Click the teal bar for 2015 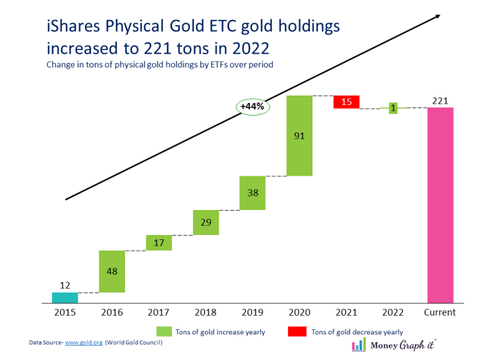coord(65,298)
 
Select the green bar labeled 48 coord(112,271)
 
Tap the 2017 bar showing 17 coord(159,242)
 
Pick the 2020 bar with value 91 coord(299,136)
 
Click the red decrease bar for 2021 coord(346,102)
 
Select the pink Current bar coord(440,205)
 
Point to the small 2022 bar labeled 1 coord(393,108)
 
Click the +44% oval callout coord(252,107)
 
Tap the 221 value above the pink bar coord(440,100)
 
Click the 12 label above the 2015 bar coord(65,285)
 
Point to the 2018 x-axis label coord(206,312)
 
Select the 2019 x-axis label coord(252,312)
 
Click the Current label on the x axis coord(440,312)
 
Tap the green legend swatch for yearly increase coord(164,331)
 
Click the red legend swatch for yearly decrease coord(296,331)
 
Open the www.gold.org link coord(84,343)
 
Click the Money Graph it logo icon coord(359,345)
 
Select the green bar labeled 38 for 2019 coord(252,193)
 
